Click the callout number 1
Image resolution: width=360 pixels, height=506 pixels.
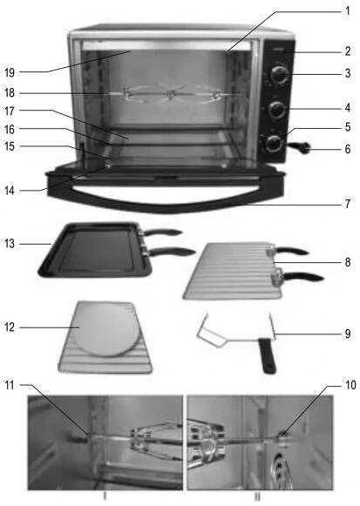[x=348, y=11]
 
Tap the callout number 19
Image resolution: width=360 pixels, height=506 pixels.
[x=10, y=72]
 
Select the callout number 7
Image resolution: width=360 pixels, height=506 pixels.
[x=348, y=204]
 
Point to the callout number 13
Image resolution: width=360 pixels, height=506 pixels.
[x=10, y=243]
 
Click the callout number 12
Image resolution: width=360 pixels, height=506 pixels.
[x=10, y=327]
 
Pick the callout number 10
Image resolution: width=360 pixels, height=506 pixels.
[x=350, y=385]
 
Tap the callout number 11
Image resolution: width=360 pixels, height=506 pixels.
[x=10, y=385]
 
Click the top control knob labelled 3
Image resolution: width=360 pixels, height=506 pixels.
[x=278, y=76]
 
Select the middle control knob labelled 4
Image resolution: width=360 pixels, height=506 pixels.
[x=277, y=110]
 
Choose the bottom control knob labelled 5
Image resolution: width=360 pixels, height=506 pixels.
[x=274, y=144]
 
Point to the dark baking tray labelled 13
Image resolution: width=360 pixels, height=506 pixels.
[x=94, y=250]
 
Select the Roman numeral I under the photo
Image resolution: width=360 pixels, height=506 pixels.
[x=105, y=497]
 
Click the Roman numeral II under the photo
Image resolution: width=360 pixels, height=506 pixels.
[x=257, y=497]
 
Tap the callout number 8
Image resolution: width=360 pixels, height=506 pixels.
[x=348, y=262]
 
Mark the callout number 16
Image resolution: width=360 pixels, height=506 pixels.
[x=10, y=130]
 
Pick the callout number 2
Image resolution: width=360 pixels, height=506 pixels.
[x=348, y=51]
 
